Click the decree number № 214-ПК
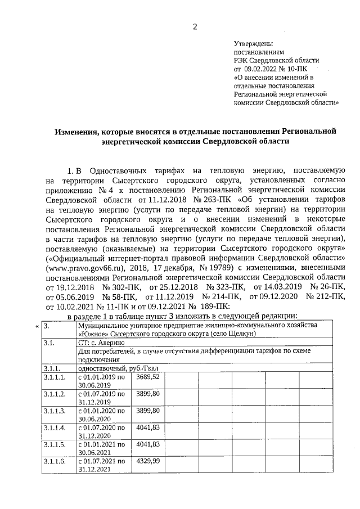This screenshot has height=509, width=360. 222,297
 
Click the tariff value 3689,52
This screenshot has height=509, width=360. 148,376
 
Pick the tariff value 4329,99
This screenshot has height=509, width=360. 148,461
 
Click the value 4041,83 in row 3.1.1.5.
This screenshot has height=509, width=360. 148,444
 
